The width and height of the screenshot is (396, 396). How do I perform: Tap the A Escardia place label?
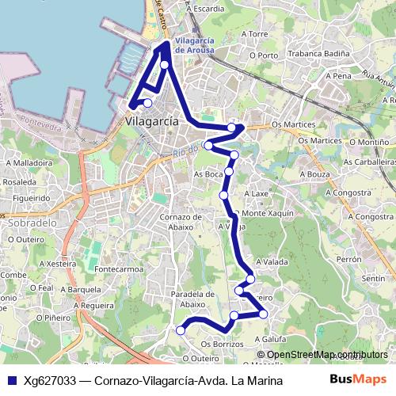(x=206, y=8)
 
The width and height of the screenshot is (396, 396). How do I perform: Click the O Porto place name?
(x=264, y=55)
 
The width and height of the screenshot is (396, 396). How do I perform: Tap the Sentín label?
(x=372, y=279)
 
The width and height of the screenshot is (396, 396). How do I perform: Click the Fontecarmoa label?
(x=119, y=268)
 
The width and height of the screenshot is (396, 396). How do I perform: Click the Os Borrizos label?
(x=222, y=345)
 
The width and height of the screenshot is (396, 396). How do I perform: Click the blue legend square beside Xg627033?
(x=12, y=381)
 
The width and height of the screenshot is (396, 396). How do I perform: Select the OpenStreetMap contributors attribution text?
(x=327, y=355)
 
